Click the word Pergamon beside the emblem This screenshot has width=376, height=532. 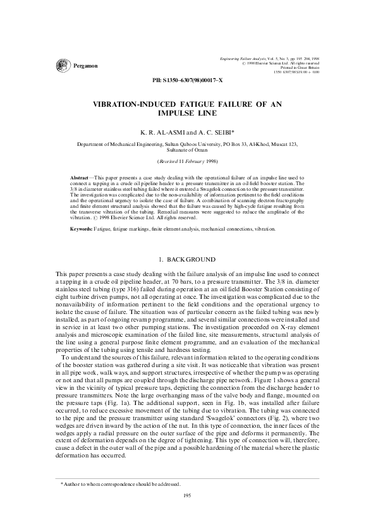86,66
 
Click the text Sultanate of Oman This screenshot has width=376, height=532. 188,152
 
